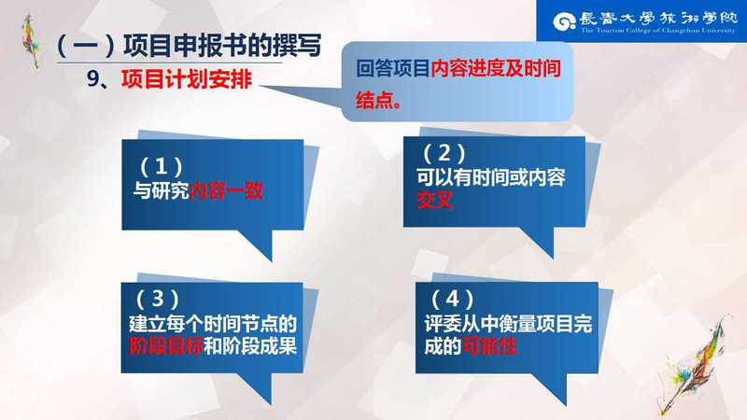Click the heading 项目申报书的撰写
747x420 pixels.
[x=222, y=45]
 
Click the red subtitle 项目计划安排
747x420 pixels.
[x=186, y=79]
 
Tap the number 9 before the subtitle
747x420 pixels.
[x=92, y=79]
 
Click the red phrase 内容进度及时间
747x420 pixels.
[x=496, y=68]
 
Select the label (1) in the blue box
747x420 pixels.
[x=161, y=167]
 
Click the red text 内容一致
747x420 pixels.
[x=226, y=191]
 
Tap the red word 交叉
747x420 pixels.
[x=434, y=201]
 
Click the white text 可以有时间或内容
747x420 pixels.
[x=491, y=177]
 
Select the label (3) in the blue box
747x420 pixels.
[x=158, y=299]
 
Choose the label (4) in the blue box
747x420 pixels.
[x=452, y=299]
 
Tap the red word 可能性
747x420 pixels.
[x=489, y=346]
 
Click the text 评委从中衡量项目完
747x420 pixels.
[x=508, y=324]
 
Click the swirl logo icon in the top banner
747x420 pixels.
[x=565, y=21]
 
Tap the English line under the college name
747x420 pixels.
[x=658, y=31]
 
